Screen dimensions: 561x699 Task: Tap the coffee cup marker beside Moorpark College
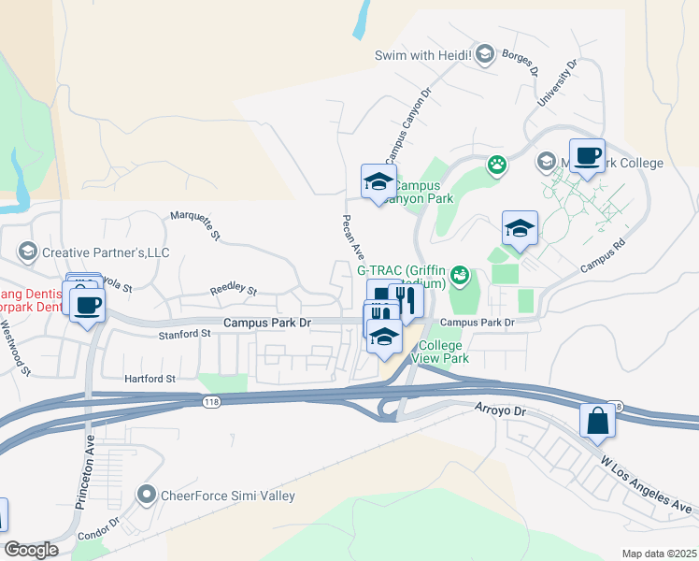(587, 156)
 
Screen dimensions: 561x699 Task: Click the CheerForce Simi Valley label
(227, 496)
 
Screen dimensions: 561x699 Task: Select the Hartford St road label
(151, 379)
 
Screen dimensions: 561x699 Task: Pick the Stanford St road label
(183, 333)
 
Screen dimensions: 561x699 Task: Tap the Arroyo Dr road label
(501, 410)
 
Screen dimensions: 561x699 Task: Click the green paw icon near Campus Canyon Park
(497, 165)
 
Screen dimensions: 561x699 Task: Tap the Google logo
(31, 549)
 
